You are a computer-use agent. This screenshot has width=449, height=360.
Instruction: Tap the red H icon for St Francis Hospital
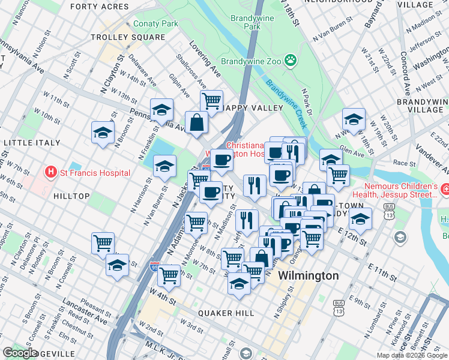coord(52,173)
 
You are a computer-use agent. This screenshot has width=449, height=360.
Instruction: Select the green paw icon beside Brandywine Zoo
coord(291,61)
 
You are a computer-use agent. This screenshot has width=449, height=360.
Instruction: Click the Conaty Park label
coord(155,24)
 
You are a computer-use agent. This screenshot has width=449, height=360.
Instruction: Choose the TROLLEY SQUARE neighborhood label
coord(127,37)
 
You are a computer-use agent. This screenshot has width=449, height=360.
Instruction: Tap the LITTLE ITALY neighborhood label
coord(32,143)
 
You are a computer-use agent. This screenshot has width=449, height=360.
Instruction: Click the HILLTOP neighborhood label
coord(71,196)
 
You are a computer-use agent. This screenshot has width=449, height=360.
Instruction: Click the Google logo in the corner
coord(20,353)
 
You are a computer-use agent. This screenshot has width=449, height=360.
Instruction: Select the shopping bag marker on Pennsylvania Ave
coord(197,122)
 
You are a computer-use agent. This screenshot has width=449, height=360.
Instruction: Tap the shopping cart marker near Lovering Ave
coord(211,101)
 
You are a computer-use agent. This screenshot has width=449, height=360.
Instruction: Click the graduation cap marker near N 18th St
coord(354,119)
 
